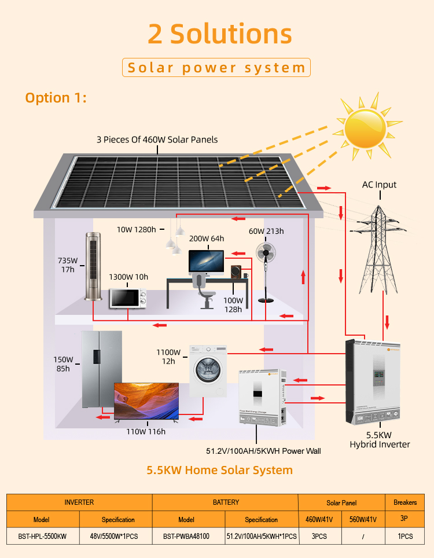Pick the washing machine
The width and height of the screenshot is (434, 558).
tap(208, 370)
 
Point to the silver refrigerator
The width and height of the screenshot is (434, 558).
tap(101, 368)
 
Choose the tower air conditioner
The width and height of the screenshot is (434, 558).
tap(93, 266)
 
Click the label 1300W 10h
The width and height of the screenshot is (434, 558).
tap(128, 277)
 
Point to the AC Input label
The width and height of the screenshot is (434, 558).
tap(379, 185)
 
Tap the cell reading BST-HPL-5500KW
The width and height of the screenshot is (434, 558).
tap(42, 536)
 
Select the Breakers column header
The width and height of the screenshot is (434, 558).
tap(405, 502)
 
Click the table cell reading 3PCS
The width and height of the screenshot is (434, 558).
tap(319, 536)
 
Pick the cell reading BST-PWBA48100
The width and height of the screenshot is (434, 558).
tap(186, 536)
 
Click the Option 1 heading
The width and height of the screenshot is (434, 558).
tap(56, 97)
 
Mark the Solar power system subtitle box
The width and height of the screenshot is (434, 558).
tap(216, 68)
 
